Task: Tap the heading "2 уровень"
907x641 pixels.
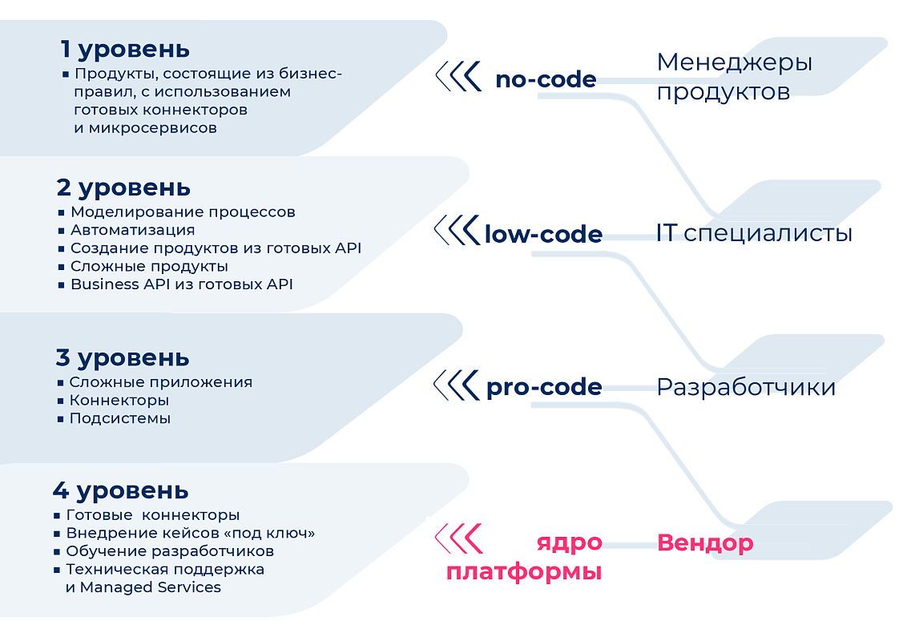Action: [x=123, y=188]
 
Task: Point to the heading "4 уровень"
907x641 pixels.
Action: [x=121, y=491]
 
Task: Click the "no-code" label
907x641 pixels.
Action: [x=546, y=79]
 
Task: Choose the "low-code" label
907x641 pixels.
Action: [x=544, y=234]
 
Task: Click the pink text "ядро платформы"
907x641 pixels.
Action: [x=524, y=557]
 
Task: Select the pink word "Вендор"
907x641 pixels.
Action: [x=705, y=542]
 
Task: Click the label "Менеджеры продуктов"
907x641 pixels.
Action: [x=735, y=77]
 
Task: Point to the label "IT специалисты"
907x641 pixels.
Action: [x=754, y=233]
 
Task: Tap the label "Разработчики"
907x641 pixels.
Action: [x=746, y=387]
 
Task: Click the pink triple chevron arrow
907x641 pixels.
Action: [x=458, y=538]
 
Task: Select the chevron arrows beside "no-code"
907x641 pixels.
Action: [x=458, y=76]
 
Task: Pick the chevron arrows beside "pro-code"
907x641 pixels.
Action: [x=457, y=385]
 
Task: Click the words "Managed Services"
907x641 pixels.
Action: [x=151, y=587]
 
